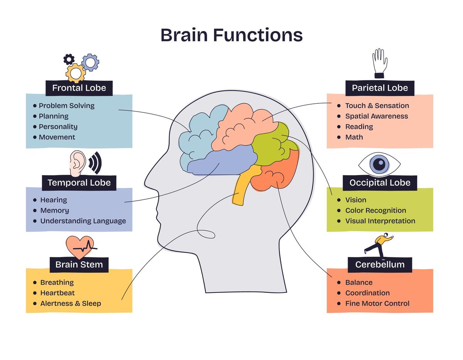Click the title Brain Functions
pos(231,35)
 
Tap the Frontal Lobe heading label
pos(79,88)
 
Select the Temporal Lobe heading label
pos(79,183)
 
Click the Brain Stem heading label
pos(79,265)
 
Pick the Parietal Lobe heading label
pos(380,88)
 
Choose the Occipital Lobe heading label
pos(380,183)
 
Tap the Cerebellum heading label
pos(380,265)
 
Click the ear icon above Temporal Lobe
pos(78,163)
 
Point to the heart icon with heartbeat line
pos(80,247)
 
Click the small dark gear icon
pos(69,59)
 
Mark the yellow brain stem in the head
pos(240,189)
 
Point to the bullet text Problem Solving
pos(66,106)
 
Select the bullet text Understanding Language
pos(83,221)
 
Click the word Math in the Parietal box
pos(354,137)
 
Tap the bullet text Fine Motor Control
pos(377,304)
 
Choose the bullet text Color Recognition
pos(375,211)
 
